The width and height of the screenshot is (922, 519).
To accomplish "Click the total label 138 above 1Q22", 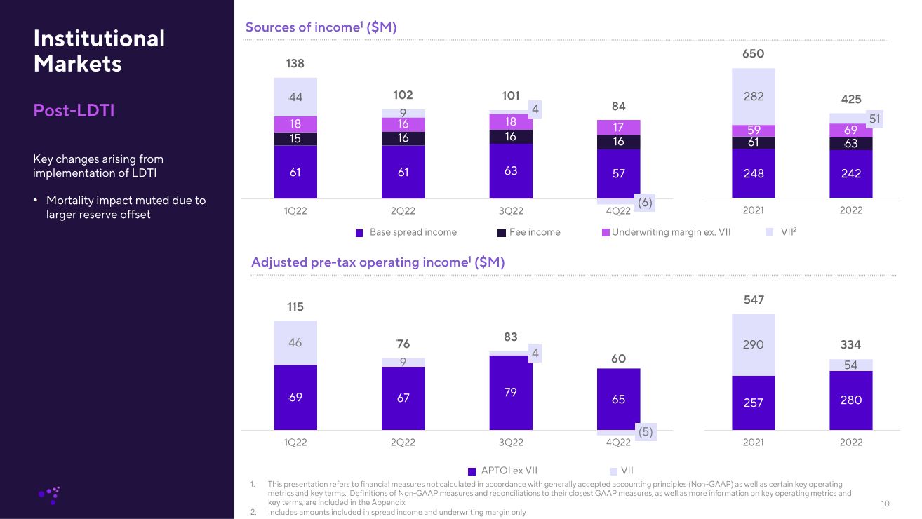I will coord(295,64).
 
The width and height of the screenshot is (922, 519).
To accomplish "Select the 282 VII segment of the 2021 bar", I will coord(753,96).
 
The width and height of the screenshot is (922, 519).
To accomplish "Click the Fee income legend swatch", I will coord(502,233).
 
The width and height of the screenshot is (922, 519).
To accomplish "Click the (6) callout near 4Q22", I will coord(645,203).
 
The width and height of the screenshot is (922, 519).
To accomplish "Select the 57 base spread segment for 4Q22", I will coord(618,173).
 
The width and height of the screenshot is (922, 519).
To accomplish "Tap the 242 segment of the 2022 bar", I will coord(850,173).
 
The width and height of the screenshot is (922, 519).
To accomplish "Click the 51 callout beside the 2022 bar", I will coord(874,119).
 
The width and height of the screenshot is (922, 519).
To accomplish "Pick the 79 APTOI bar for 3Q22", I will coord(511,392).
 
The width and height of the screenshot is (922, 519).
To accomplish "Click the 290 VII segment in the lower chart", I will coord(753,344).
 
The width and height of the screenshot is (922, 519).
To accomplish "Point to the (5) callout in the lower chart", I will coord(645,432).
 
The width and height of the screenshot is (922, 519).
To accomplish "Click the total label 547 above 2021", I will coord(753,299).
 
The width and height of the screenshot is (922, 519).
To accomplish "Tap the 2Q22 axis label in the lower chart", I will coord(403,443).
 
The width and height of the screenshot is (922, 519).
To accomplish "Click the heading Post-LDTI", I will coord(74,111).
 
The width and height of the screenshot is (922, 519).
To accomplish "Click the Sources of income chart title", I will coord(321,27).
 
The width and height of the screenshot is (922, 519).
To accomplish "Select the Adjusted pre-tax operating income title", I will coord(378,262).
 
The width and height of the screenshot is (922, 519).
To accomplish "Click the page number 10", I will coord(885,504).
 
